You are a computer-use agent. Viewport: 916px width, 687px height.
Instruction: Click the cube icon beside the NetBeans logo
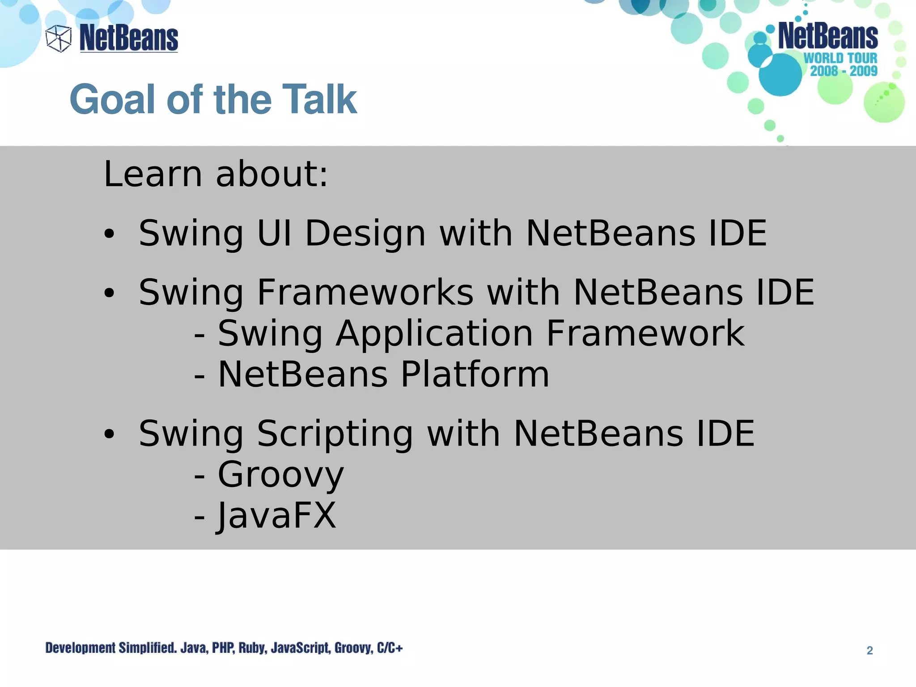click(x=59, y=38)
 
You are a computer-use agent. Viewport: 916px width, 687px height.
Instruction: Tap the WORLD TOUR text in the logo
click(x=840, y=58)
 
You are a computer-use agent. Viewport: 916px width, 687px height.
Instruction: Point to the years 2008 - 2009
click(x=844, y=71)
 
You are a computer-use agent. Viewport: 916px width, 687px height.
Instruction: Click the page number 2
click(x=869, y=650)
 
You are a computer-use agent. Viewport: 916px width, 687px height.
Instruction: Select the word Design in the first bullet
click(x=365, y=233)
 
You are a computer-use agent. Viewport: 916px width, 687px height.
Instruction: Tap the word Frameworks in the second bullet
click(x=365, y=293)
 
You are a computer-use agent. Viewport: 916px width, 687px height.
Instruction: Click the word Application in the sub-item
click(x=434, y=334)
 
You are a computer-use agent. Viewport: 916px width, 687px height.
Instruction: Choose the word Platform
click(x=475, y=374)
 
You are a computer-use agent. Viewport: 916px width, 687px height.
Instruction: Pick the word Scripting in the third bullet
click(x=335, y=433)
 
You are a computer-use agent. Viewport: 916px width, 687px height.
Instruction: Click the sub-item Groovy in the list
click(x=280, y=475)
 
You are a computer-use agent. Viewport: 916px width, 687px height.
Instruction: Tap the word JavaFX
click(x=276, y=516)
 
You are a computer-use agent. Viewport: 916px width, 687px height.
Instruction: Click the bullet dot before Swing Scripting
click(x=109, y=434)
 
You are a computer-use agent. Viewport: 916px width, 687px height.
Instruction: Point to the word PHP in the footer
click(x=222, y=648)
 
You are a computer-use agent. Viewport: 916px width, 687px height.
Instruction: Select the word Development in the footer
click(x=81, y=648)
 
